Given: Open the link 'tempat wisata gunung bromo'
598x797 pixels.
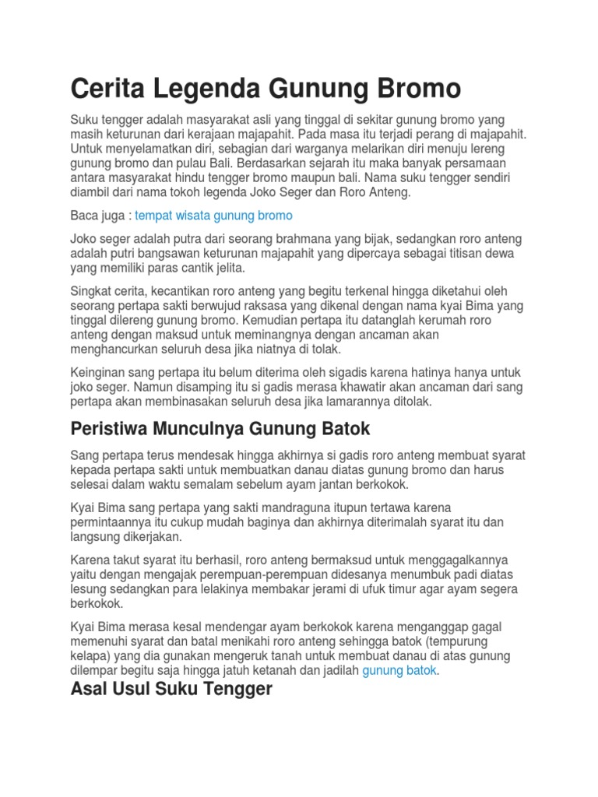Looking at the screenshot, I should pos(213,215).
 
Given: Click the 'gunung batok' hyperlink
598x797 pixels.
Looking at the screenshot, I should pos(399,670).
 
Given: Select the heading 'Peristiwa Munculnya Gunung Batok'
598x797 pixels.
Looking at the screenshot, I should pos(220,428).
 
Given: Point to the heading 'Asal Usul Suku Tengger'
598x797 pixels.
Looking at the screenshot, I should pos(171,689).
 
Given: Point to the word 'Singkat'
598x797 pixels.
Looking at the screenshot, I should pos(92,291).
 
